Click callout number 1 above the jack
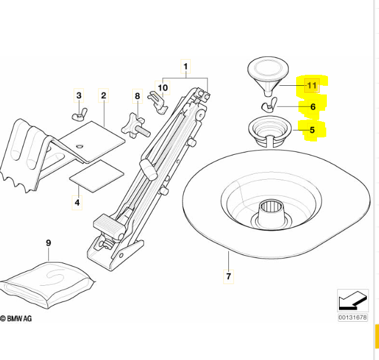tap(185, 67)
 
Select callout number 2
tap(103, 96)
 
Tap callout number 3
tap(79, 96)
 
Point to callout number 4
tap(77, 203)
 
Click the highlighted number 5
tap(312, 130)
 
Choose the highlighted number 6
tap(312, 107)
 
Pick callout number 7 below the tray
tap(228, 276)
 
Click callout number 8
tap(137, 96)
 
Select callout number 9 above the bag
tap(49, 244)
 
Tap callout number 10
tap(163, 88)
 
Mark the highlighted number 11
tap(312, 86)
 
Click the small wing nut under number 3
tap(79, 116)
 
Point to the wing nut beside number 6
tap(269, 106)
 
